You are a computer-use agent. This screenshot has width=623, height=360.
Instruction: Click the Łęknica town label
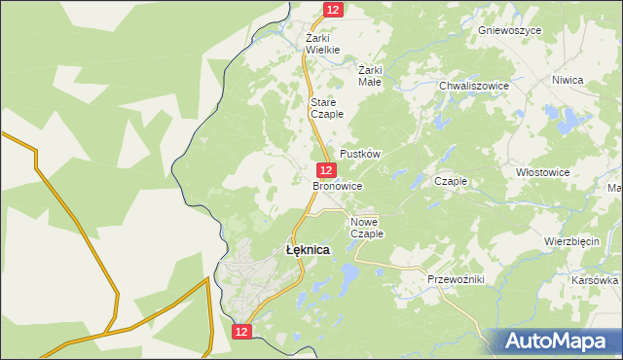[308, 250]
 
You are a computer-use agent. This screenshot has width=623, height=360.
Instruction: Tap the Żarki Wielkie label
[322, 44]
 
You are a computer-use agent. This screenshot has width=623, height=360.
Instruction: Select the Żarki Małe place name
[370, 76]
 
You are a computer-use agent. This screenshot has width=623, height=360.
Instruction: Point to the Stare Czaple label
[323, 108]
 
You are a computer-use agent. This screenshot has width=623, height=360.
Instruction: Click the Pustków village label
[358, 155]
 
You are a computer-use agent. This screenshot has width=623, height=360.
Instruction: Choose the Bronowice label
[338, 185]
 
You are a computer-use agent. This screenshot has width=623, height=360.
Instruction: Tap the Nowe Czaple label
[367, 228]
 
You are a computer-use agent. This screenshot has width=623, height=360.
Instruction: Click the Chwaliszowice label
[474, 86]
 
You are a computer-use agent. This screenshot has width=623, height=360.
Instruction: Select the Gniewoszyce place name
[509, 30]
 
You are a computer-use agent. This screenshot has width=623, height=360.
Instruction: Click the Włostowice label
[542, 171]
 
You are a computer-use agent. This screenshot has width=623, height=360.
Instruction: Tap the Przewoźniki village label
[456, 279]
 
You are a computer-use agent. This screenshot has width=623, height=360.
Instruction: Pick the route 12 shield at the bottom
[242, 332]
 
